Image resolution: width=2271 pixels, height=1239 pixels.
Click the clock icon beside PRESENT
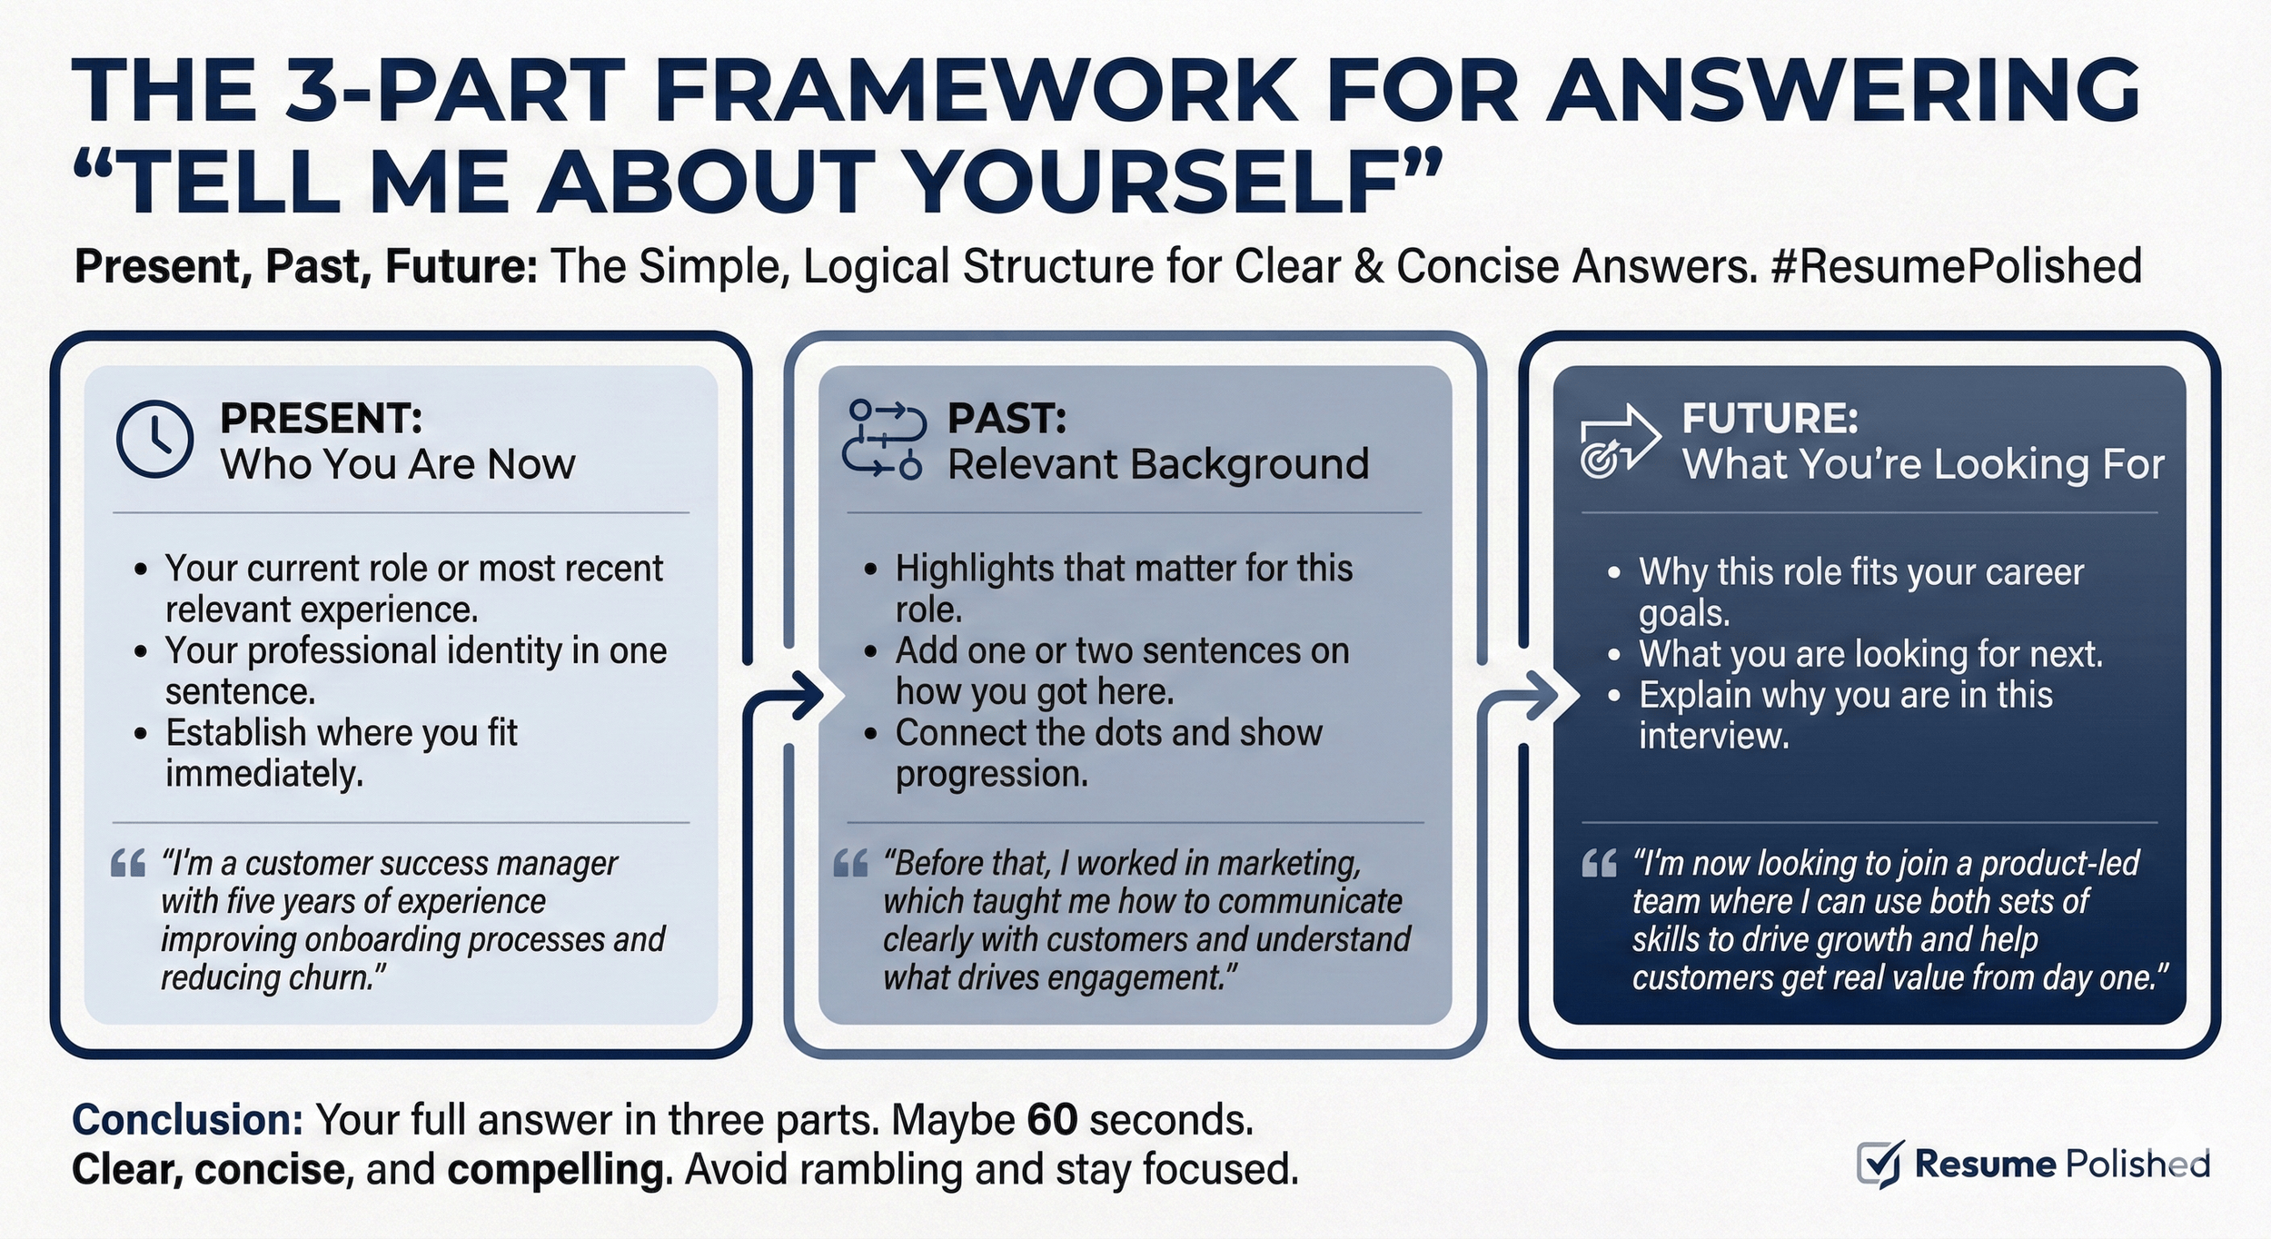pos(154,439)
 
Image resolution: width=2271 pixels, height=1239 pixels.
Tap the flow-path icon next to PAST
pos(883,439)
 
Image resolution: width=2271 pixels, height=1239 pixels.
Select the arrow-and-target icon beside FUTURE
pos(1619,441)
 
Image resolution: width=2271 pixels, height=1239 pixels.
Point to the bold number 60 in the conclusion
pos(1052,1120)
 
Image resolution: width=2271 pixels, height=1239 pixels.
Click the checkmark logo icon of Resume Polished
pos(1879,1164)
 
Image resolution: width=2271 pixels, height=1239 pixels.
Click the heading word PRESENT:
pos(321,419)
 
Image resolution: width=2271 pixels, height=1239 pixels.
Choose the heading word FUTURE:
pos(1770,419)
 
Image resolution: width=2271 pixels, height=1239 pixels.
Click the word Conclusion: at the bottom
pos(187,1120)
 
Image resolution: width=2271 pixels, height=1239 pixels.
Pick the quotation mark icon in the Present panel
pos(128,863)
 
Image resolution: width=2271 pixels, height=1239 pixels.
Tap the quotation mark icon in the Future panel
pos(1599,863)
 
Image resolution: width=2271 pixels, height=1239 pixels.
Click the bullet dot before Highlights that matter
pos(871,570)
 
